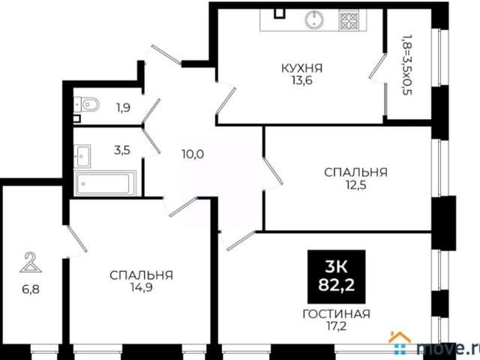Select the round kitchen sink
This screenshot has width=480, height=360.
click(313, 20)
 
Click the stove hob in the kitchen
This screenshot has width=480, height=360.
click(349, 21)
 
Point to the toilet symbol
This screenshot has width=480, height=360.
click(87, 103)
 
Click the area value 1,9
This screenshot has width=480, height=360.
click(124, 107)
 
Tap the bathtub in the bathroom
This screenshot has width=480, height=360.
click(105, 181)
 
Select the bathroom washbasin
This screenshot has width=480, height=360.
click(83, 155)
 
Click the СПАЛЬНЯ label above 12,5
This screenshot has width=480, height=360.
click(355, 172)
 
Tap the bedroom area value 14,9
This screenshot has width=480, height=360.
click(141, 288)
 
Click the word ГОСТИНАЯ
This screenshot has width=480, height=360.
click(337, 314)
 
